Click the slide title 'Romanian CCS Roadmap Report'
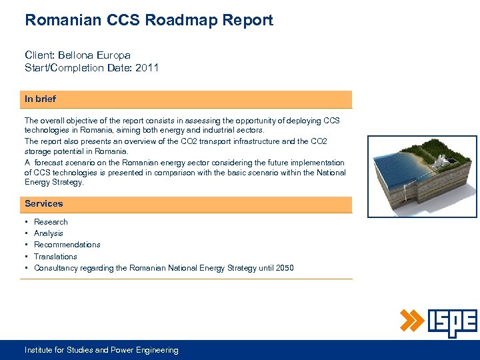pyautogui.click(x=149, y=20)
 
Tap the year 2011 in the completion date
pyautogui.click(x=147, y=67)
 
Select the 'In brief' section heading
pyautogui.click(x=40, y=99)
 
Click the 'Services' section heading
pyautogui.click(x=43, y=203)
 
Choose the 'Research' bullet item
pyautogui.click(x=51, y=222)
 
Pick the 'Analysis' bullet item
pyautogui.click(x=49, y=233)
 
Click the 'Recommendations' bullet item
pyautogui.click(x=67, y=245)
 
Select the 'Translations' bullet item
pyautogui.click(x=55, y=257)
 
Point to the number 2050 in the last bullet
pyautogui.click(x=283, y=268)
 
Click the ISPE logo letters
pyautogui.click(x=452, y=323)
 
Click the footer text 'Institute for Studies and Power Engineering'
pyautogui.click(x=101, y=350)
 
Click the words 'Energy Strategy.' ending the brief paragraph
pyautogui.click(x=54, y=183)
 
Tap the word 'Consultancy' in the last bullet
pyautogui.click(x=56, y=268)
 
